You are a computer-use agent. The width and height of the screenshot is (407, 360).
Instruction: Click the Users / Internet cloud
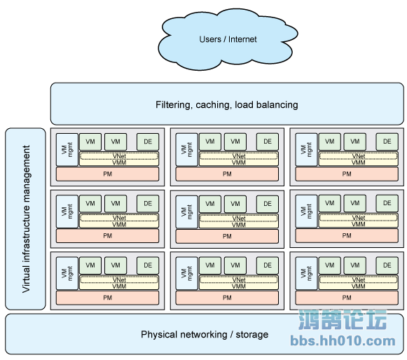point(228,39)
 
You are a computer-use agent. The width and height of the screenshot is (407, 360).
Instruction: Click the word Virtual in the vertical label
point(26,279)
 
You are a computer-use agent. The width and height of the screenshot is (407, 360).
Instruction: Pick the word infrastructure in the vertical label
point(26,234)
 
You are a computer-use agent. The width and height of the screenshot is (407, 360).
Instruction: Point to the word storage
point(251,335)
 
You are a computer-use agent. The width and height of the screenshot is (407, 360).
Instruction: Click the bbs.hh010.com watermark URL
point(343,340)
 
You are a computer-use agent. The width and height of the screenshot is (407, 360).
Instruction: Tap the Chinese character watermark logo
point(343,319)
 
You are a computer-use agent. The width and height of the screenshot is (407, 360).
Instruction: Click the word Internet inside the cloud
point(242,39)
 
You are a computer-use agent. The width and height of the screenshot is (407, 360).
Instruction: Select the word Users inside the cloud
point(210,39)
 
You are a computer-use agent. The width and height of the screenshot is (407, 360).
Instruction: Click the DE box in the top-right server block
point(387,141)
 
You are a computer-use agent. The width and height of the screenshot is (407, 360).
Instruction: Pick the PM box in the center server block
point(227,236)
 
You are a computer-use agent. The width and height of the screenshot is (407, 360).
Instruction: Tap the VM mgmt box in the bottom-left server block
point(67,273)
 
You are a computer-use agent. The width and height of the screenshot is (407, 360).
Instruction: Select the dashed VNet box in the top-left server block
point(119,156)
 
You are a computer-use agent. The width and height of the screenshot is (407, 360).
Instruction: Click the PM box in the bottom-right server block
point(347,298)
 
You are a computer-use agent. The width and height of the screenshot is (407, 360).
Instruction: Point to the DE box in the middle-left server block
point(148,204)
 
